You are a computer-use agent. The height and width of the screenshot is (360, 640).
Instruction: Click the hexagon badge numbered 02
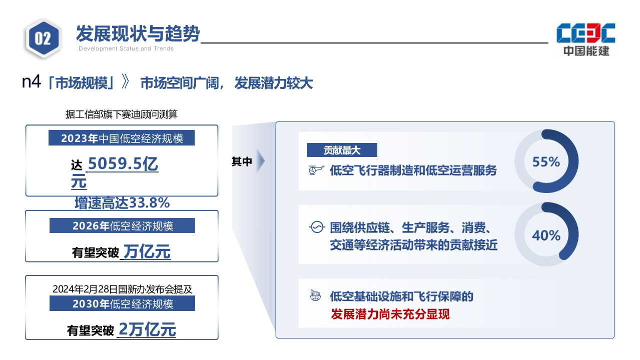click(x=43, y=39)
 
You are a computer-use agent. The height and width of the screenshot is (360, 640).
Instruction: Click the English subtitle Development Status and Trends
click(x=126, y=48)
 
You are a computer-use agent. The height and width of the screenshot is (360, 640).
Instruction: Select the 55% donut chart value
click(x=546, y=161)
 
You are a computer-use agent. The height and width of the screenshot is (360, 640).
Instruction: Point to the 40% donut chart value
click(x=546, y=235)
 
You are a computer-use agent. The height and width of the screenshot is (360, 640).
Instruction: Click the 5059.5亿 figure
click(x=123, y=164)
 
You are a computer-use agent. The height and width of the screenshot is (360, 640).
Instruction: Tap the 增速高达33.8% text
click(x=122, y=203)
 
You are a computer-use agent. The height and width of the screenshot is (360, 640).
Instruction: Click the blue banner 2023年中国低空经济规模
click(x=122, y=138)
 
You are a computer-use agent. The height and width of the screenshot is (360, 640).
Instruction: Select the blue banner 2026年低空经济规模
click(x=122, y=225)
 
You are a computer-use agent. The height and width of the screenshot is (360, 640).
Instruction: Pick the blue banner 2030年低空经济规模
click(x=122, y=303)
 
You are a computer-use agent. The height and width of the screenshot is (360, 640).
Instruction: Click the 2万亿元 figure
click(x=147, y=329)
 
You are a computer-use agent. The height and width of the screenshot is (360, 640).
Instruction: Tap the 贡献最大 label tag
click(x=342, y=150)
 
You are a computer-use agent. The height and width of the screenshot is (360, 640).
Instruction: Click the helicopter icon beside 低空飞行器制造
click(x=316, y=170)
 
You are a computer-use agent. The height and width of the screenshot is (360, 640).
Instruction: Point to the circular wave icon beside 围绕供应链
click(x=317, y=227)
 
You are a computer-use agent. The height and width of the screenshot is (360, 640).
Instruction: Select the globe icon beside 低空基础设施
click(x=315, y=295)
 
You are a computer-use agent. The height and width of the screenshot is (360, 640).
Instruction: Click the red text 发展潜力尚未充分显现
click(x=390, y=314)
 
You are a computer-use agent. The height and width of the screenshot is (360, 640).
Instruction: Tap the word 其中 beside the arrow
click(x=242, y=161)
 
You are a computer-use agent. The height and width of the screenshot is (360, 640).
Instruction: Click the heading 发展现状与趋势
click(x=138, y=33)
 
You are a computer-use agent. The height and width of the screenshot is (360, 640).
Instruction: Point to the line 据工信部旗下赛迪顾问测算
click(x=122, y=114)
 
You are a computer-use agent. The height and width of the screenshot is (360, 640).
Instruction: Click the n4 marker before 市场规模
click(x=32, y=81)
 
